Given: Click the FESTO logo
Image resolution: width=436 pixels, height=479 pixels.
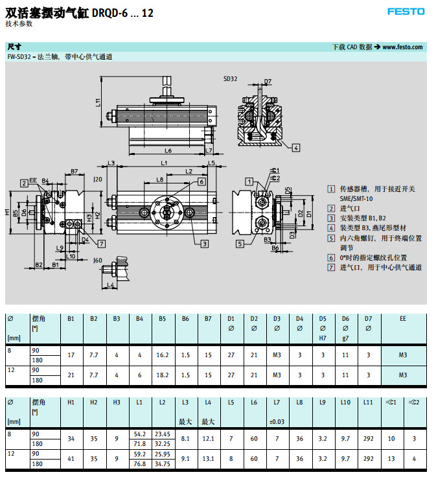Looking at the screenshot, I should (x=406, y=11).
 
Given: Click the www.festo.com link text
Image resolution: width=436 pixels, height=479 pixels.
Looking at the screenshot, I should (x=402, y=47).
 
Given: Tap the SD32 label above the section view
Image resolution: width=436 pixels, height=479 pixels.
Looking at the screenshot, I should (x=231, y=79).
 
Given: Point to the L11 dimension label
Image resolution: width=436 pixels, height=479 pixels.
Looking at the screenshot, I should (x=98, y=102).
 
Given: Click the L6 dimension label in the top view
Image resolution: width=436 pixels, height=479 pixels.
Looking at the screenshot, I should (x=168, y=150).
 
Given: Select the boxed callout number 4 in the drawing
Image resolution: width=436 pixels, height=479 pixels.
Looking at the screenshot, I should (x=295, y=147).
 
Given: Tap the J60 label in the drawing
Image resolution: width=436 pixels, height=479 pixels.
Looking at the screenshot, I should (x=98, y=260).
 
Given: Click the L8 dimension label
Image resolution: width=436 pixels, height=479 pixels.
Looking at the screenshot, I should (x=159, y=180).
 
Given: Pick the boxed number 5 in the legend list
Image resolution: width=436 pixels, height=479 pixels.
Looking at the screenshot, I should (x=330, y=238).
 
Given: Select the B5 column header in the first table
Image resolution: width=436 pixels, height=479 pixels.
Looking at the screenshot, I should (x=162, y=318).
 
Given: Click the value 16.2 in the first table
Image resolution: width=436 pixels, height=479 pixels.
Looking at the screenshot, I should (x=162, y=355).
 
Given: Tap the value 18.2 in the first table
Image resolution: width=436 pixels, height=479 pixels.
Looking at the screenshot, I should (x=162, y=375).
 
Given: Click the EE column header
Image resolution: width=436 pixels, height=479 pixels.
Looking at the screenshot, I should (x=403, y=318).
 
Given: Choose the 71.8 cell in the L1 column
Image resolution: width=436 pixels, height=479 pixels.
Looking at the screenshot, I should (x=139, y=443).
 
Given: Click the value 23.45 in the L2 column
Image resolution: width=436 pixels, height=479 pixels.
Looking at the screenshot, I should (x=163, y=434).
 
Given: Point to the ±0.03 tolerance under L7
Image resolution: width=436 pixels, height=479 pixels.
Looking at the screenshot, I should (x=277, y=421).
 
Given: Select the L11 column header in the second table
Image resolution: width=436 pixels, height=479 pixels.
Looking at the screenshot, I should (x=368, y=403).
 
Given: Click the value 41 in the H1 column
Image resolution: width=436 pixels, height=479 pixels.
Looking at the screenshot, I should (x=71, y=458).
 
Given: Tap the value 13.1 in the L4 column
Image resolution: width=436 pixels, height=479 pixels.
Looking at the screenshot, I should (x=208, y=458).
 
